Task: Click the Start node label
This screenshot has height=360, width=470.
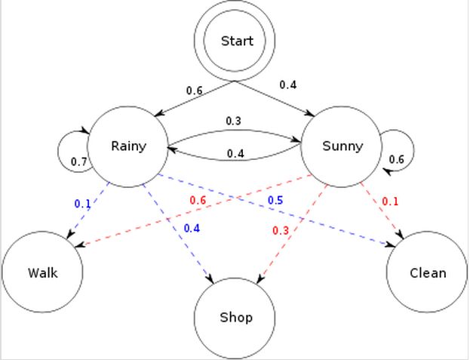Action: click(237, 41)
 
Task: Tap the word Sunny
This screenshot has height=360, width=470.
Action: click(342, 145)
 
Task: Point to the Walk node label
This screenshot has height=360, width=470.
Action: click(41, 272)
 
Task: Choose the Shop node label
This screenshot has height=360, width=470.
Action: click(235, 317)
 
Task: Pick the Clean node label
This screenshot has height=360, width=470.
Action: click(426, 272)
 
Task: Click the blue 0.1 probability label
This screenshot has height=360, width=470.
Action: click(82, 203)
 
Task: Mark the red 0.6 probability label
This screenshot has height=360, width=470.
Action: click(198, 200)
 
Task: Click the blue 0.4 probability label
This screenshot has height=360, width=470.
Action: click(192, 228)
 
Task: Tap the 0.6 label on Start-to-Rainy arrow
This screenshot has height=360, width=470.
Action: click(195, 91)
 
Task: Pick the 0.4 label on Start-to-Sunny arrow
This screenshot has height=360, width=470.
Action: click(287, 85)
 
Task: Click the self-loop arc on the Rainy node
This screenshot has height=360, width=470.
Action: click(60, 147)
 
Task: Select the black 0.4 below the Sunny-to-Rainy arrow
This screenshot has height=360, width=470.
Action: click(235, 155)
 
